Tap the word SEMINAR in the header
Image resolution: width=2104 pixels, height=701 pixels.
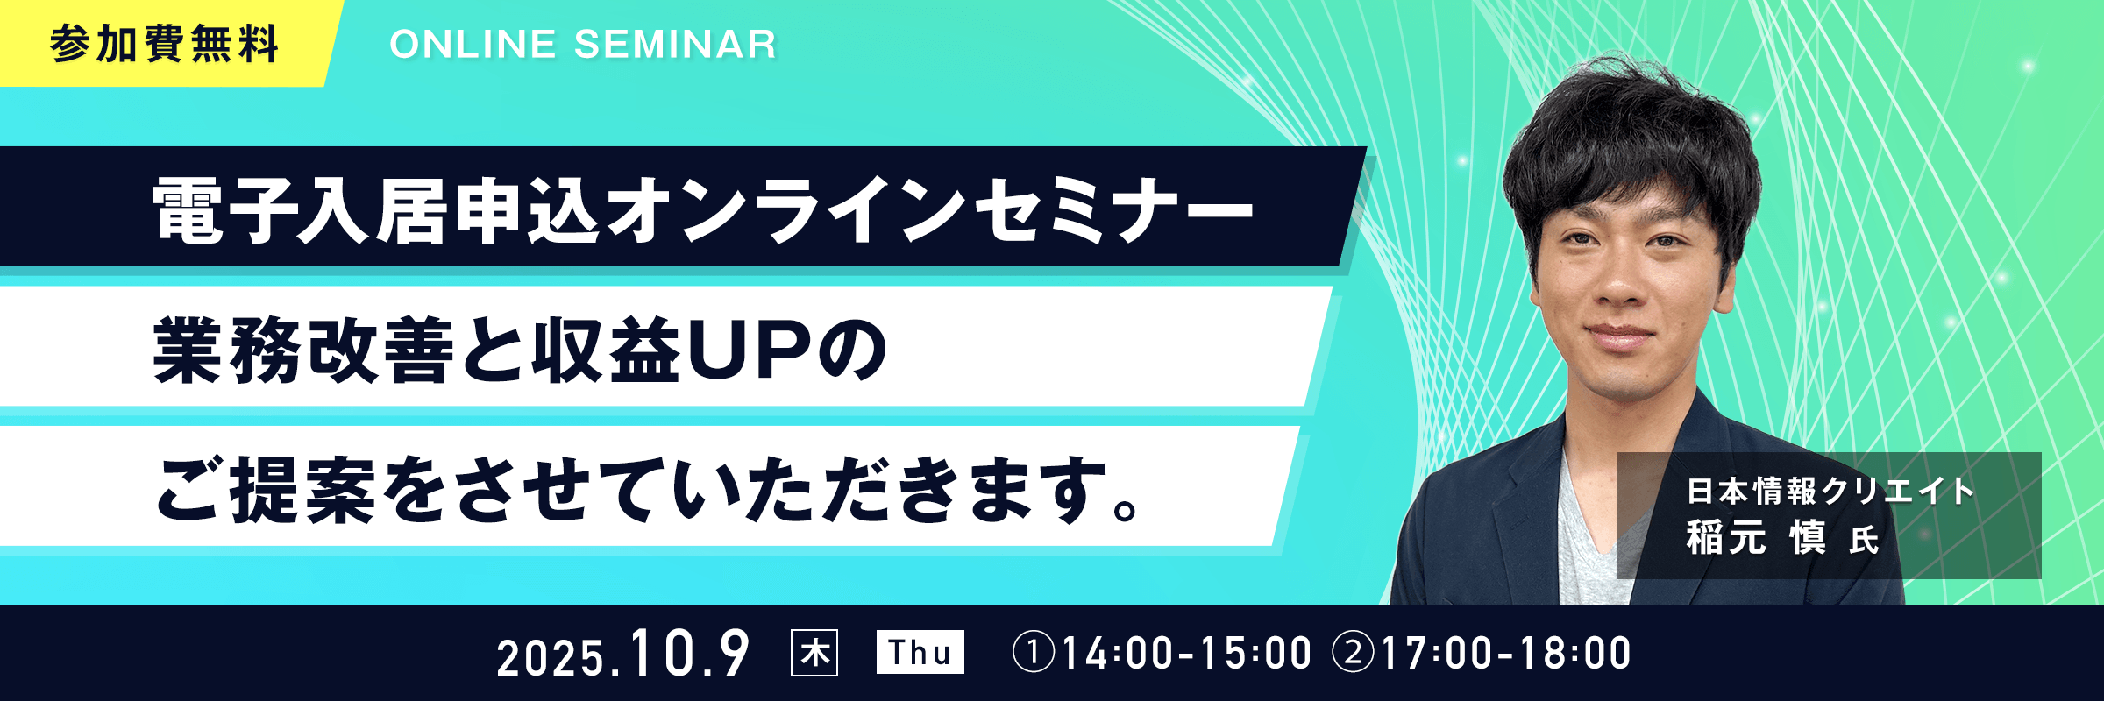pyautogui.click(x=675, y=45)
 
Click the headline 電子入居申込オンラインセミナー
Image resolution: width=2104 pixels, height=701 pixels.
pyautogui.click(x=702, y=210)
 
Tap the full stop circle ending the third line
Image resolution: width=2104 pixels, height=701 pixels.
pyautogui.click(x=1126, y=508)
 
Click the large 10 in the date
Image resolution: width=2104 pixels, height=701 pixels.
pyautogui.click(x=662, y=654)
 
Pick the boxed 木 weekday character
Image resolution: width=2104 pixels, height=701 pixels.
pyautogui.click(x=814, y=653)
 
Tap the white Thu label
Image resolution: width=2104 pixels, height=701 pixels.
pyautogui.click(x=920, y=652)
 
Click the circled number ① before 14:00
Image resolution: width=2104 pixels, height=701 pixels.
pyautogui.click(x=1034, y=653)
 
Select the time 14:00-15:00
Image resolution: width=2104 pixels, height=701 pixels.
pyautogui.click(x=1187, y=654)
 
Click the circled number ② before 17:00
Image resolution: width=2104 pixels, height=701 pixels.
pyautogui.click(x=1353, y=653)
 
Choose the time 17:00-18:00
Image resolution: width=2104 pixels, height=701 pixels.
pyautogui.click(x=1506, y=654)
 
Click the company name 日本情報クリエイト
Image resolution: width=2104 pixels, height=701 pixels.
pyautogui.click(x=1830, y=492)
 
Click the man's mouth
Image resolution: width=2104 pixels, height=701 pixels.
pyautogui.click(x=1619, y=336)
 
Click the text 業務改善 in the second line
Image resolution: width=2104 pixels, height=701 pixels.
pyautogui.click(x=303, y=351)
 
